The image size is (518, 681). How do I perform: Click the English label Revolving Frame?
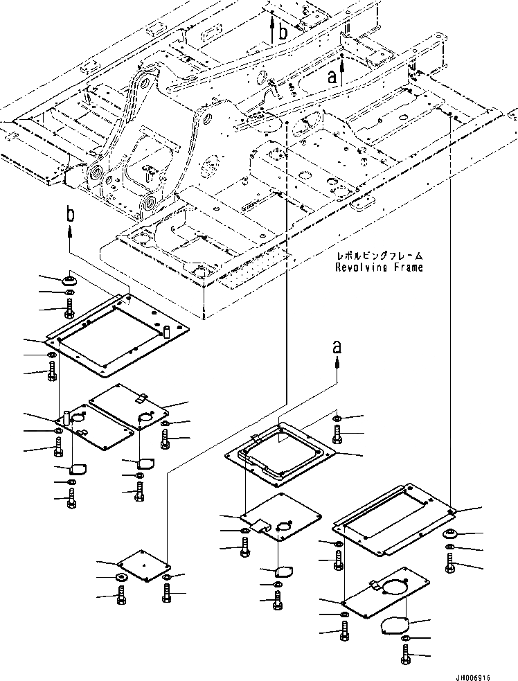coord(378,267)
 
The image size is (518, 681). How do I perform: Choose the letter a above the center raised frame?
coord(337,346)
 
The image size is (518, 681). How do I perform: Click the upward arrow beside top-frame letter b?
coord(271,29)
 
